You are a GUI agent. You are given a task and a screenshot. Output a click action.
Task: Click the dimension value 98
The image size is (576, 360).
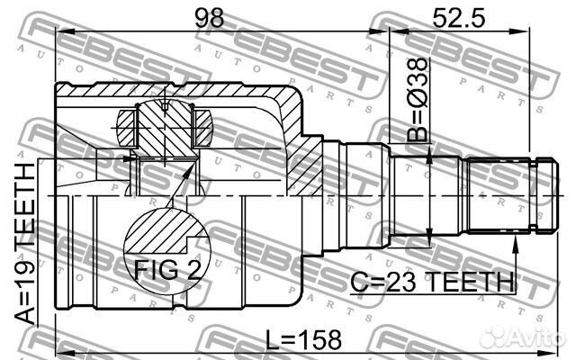click(209, 18)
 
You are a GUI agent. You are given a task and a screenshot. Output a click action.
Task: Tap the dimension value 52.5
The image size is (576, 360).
click(458, 18)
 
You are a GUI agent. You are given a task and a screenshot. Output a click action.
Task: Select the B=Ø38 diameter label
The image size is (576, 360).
click(418, 100)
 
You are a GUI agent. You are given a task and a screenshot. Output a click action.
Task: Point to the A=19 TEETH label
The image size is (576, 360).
click(25, 243)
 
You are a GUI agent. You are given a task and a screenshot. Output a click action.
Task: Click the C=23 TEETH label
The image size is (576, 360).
click(432, 282)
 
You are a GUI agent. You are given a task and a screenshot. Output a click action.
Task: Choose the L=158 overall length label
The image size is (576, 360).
click(303, 340)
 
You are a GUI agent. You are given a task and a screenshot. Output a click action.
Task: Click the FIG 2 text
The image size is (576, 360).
click(167, 270)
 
